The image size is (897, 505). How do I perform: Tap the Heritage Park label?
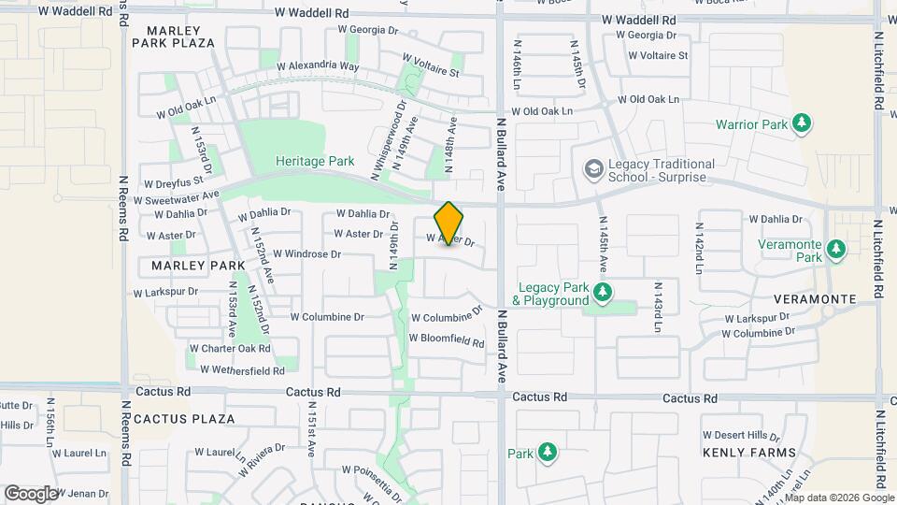tap(315, 161)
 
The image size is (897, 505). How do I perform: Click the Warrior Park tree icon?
tap(801, 123)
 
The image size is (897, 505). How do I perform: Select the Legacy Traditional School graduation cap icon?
tap(592, 169)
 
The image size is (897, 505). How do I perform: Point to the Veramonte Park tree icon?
tap(836, 250)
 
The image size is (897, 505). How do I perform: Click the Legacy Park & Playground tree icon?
tap(603, 293)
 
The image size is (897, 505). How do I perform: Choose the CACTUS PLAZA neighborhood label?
tap(185, 419)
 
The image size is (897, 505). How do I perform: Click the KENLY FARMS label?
tap(748, 453)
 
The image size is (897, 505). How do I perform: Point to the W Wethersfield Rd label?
tap(235, 371)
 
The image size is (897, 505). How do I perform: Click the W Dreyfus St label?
tap(174, 183)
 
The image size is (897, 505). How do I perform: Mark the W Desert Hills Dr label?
tap(741, 436)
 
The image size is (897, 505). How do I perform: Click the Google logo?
tap(31, 493)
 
